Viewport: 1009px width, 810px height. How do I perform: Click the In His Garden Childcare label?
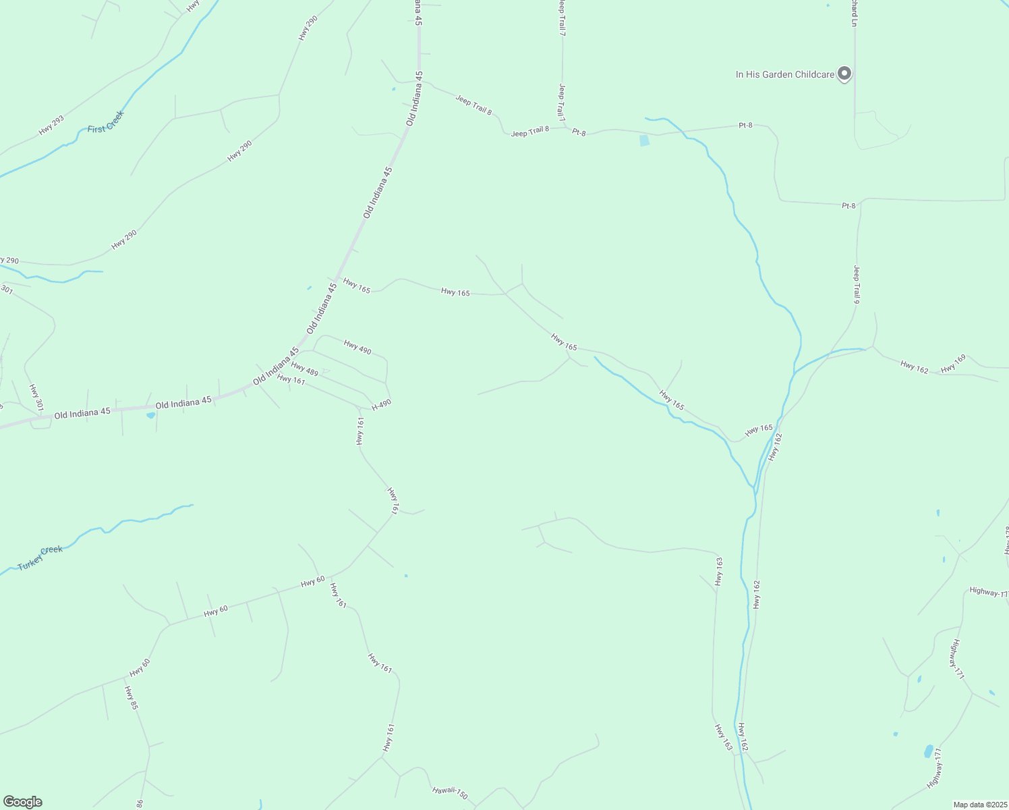click(x=784, y=74)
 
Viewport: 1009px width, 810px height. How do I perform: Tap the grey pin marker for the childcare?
click(x=844, y=74)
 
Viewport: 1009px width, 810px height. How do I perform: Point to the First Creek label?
click(x=106, y=122)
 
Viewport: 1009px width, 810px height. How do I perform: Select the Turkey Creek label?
click(x=40, y=558)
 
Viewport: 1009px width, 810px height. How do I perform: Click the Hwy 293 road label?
click(x=51, y=125)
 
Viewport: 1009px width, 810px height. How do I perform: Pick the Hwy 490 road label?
click(x=357, y=348)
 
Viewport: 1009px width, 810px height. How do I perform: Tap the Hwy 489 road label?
click(x=304, y=369)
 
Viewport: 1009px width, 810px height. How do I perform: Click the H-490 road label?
click(x=381, y=404)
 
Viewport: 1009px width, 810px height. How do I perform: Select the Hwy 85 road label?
click(x=131, y=697)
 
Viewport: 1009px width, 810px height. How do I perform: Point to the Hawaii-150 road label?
click(x=450, y=794)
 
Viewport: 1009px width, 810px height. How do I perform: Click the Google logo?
click(x=22, y=802)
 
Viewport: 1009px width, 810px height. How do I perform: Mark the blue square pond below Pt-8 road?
click(x=644, y=140)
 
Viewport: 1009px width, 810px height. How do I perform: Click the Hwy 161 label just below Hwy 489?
click(x=291, y=379)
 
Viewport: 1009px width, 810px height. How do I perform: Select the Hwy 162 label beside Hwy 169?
click(x=914, y=367)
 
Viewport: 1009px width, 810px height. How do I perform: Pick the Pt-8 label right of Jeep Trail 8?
click(x=579, y=132)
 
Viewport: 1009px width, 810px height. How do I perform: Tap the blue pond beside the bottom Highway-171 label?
click(x=929, y=751)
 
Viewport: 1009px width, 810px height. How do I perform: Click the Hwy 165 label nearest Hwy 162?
click(x=759, y=429)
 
